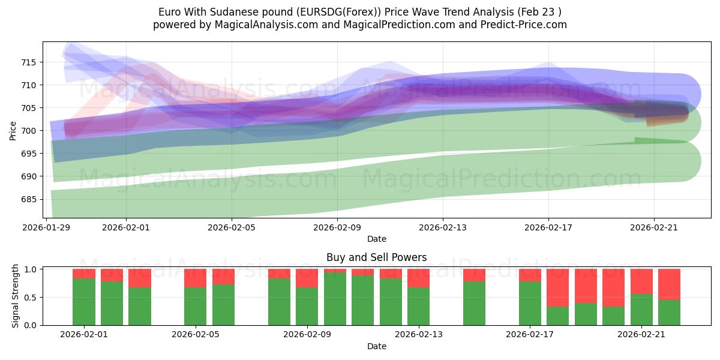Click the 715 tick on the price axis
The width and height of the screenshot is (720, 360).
(29, 62)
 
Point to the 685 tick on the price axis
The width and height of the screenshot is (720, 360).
(29, 199)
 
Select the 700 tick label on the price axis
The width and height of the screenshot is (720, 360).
(29, 131)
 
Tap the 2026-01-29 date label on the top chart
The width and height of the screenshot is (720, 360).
(47, 227)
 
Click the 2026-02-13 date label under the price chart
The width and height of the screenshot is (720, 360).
(443, 227)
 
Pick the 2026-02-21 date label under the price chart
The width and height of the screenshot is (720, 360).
(654, 227)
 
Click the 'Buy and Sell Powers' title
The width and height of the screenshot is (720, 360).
(376, 257)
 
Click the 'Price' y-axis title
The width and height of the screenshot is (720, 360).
(13, 130)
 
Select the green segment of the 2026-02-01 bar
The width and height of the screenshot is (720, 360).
(84, 302)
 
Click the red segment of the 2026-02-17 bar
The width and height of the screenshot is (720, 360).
(530, 275)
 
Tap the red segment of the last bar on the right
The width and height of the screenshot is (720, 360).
(669, 284)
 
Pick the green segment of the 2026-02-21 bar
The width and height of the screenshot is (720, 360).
(641, 310)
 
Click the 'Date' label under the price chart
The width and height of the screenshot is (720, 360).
(376, 239)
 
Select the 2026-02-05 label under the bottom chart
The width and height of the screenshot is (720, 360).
(196, 335)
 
